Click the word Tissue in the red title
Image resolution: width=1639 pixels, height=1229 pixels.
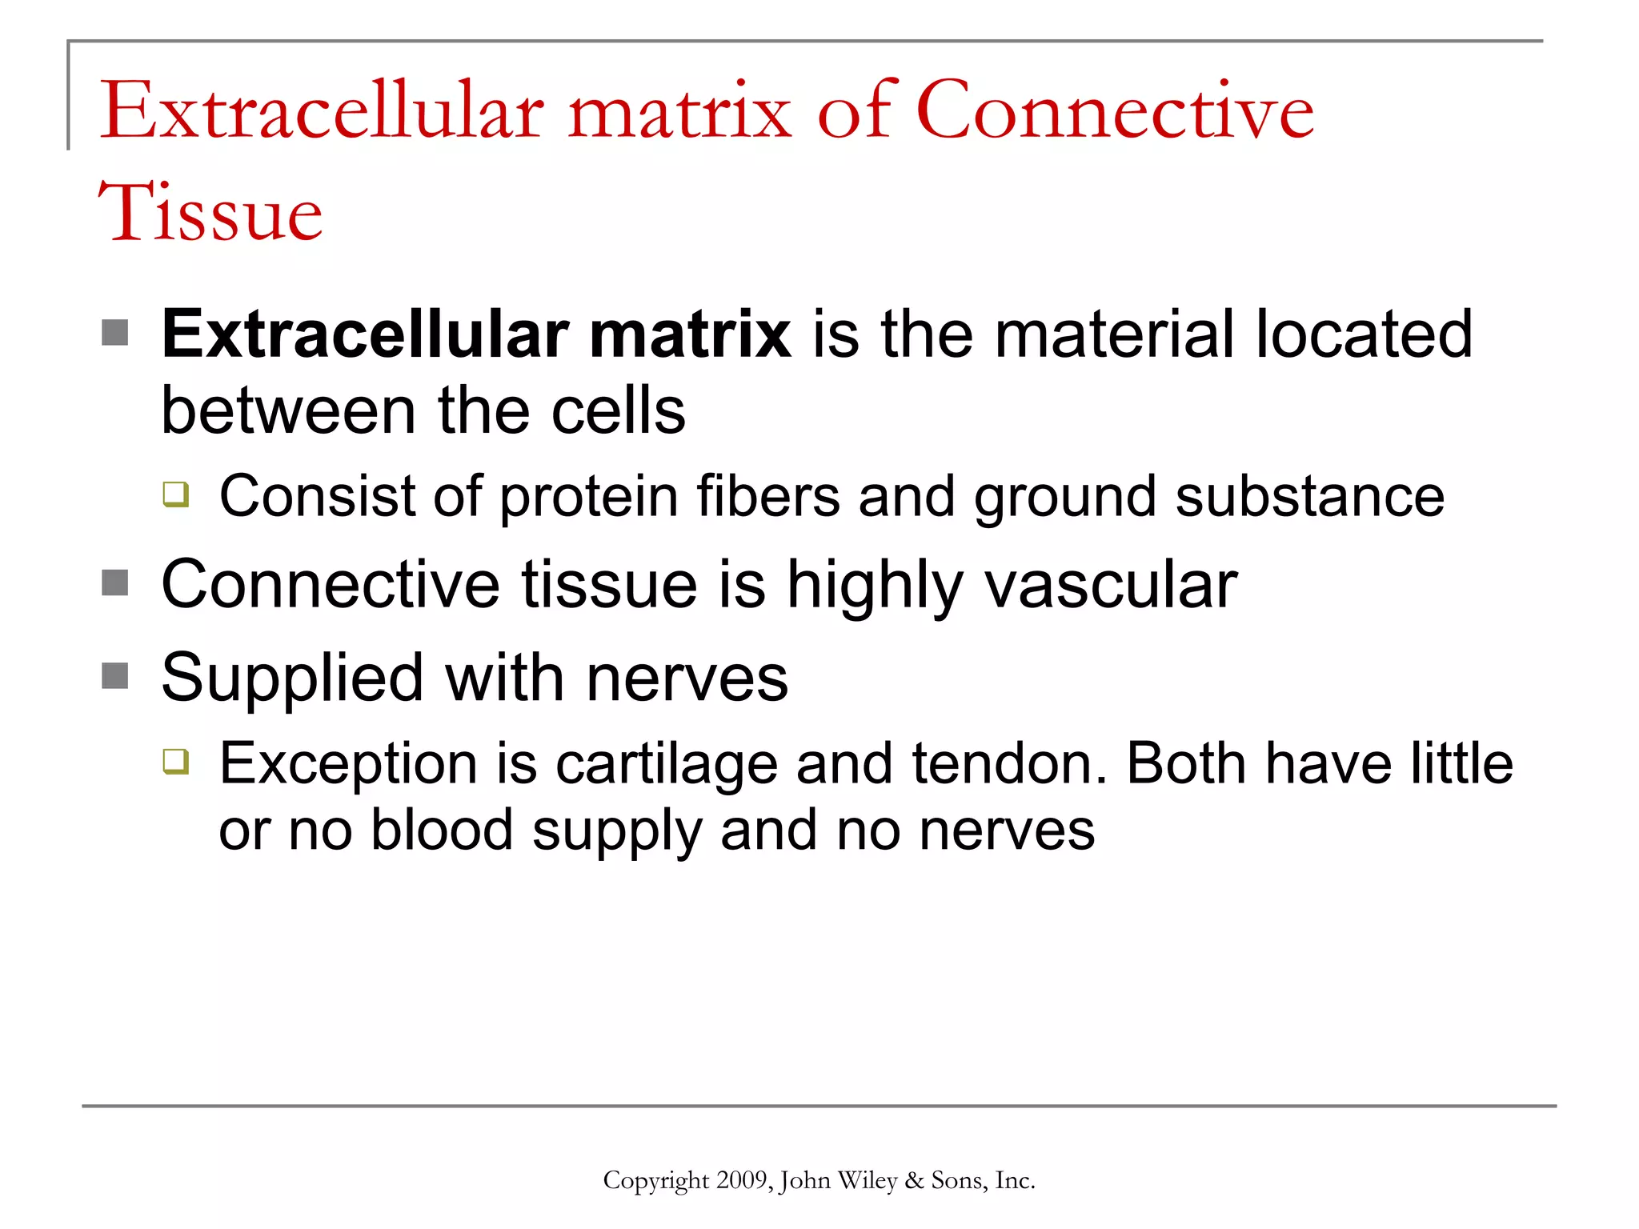(210, 212)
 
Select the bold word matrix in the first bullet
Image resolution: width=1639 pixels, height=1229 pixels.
(690, 334)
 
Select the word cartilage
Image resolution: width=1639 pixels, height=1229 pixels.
(666, 764)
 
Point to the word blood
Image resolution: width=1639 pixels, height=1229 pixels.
(441, 831)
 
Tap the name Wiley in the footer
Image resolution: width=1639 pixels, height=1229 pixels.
(867, 1180)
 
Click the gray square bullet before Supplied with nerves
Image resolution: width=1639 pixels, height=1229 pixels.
(115, 676)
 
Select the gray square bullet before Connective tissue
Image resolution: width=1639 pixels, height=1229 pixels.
(115, 583)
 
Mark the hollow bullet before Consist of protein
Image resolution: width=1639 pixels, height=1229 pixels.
(176, 494)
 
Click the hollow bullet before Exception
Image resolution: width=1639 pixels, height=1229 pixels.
(176, 761)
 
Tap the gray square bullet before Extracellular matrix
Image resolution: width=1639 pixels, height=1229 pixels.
(115, 333)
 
